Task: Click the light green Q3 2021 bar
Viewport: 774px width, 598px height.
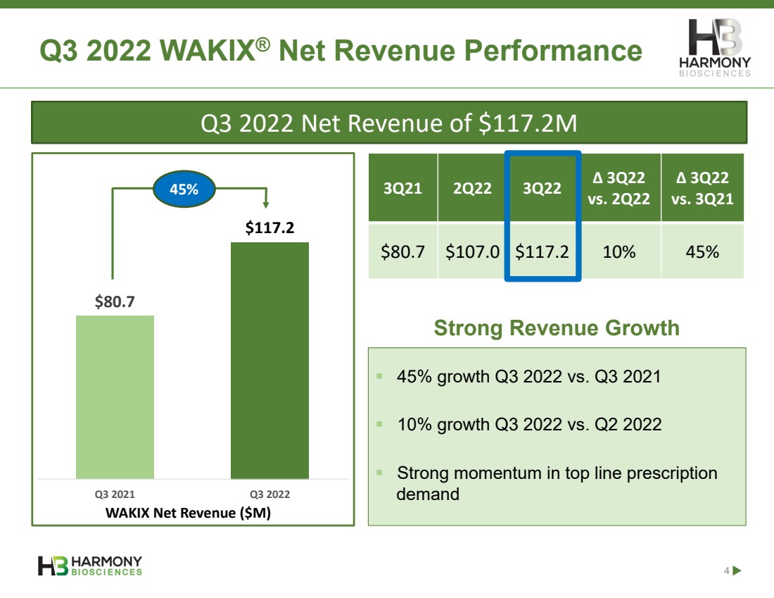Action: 115,397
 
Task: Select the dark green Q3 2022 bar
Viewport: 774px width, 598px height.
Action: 269,361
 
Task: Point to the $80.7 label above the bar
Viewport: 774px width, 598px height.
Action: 115,302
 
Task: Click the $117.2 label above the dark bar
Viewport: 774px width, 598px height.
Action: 269,228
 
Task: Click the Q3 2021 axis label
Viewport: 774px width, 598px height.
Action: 115,494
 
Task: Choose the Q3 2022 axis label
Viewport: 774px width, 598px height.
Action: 269,494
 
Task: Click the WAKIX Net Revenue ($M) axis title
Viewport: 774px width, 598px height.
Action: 188,513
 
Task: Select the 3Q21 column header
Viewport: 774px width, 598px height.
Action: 403,188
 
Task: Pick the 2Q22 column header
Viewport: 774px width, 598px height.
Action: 472,188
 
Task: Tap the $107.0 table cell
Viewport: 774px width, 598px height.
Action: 472,251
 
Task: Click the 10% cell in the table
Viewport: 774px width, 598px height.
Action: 620,251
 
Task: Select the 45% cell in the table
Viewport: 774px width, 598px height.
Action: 702,251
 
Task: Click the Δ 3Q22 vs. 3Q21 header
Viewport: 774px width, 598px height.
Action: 702,188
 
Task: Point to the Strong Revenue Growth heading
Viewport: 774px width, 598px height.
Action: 557,328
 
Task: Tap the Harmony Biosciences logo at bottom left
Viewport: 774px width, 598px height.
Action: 90,566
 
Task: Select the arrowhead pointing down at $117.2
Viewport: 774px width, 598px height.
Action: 266,204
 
